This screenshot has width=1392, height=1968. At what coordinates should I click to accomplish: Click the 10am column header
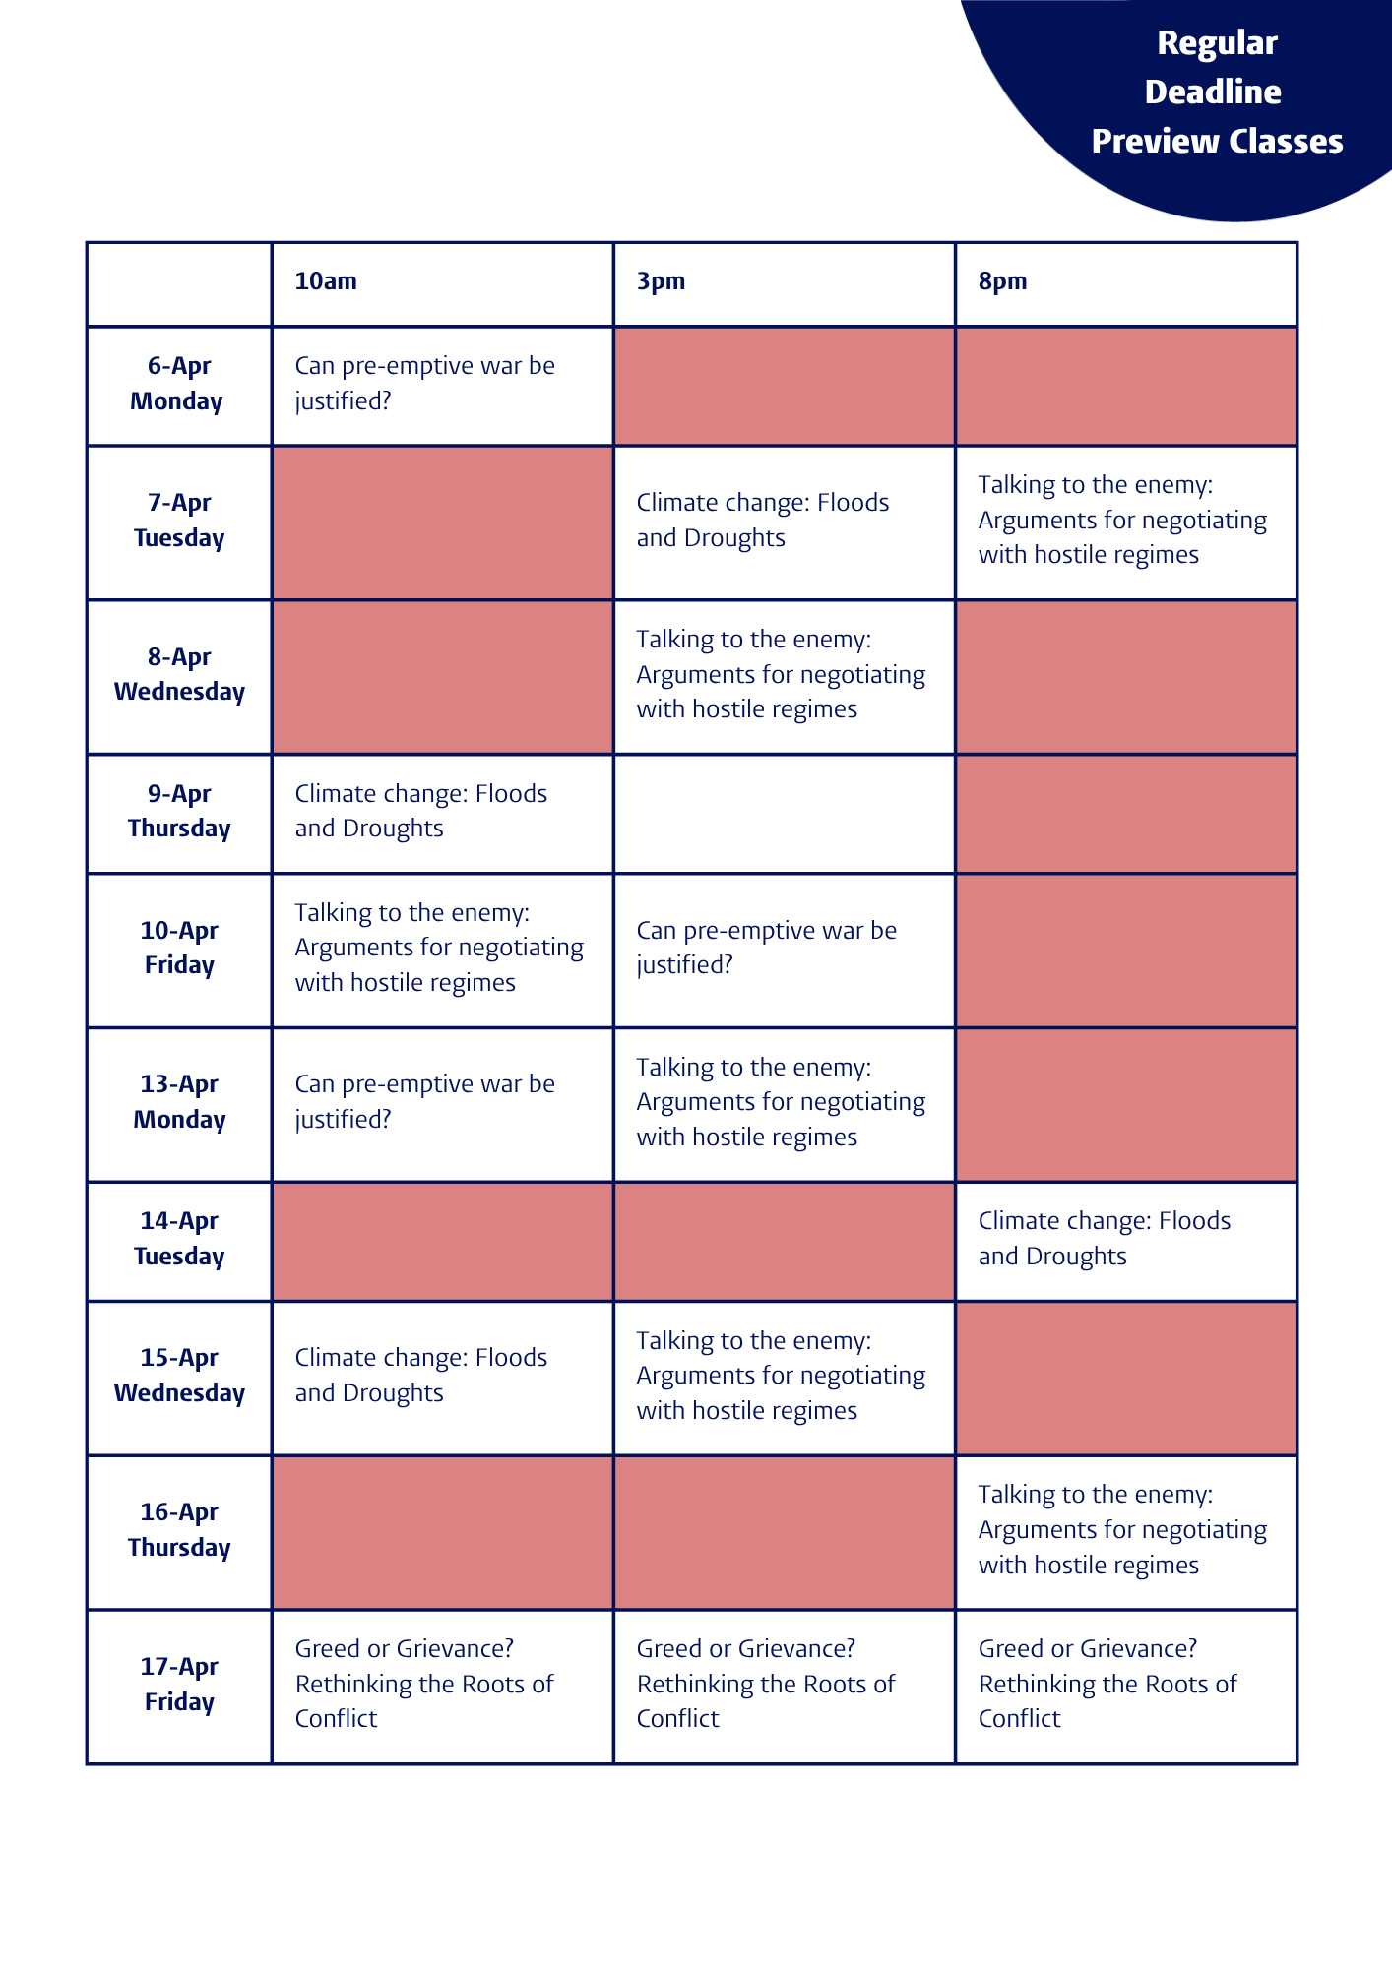pos(326,281)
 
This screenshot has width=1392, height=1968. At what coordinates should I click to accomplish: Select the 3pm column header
pos(660,281)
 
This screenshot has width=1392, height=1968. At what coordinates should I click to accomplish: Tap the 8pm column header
pos(1002,281)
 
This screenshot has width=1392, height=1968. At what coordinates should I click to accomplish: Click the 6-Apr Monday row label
pos(178,384)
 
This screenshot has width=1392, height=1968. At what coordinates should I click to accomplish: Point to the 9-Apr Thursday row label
pos(178,811)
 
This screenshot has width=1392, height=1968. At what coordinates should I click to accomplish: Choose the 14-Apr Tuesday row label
pos(178,1239)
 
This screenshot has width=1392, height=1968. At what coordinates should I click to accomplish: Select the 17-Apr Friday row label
pos(178,1684)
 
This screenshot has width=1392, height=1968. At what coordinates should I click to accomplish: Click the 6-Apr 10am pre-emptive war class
pos(424,384)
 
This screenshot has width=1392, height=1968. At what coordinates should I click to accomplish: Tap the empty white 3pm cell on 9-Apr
pos(784,813)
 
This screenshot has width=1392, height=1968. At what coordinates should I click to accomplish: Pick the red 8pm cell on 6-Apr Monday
pos(1125,385)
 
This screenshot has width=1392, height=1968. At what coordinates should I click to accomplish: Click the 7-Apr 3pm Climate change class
pos(762,521)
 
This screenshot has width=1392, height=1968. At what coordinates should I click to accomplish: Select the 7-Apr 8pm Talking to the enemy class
pos(1121,520)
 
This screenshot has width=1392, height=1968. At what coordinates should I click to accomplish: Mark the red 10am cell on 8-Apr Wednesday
pos(442,676)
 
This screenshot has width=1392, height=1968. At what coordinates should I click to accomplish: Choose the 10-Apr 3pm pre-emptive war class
pos(766,948)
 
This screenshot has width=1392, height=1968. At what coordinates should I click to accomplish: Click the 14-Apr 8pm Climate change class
pos(1104,1239)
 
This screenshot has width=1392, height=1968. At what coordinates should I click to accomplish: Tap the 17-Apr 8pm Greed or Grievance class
pos(1107,1684)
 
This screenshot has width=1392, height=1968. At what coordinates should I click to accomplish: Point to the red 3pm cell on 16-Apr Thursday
pos(784,1531)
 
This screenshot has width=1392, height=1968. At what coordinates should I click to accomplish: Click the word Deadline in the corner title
pos(1213,92)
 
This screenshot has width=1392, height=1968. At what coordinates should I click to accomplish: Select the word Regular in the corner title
pos(1217,42)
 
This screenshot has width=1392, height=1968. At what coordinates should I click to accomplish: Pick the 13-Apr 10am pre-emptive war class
pos(424,1102)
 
